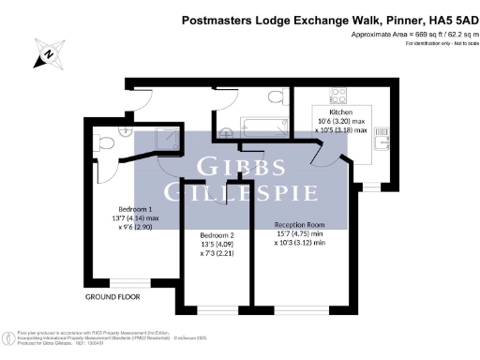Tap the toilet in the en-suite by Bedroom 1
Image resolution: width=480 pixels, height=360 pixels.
point(105,143)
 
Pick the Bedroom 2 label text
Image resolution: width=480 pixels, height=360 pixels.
point(216,239)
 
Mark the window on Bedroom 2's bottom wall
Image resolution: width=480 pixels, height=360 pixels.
point(216,310)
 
